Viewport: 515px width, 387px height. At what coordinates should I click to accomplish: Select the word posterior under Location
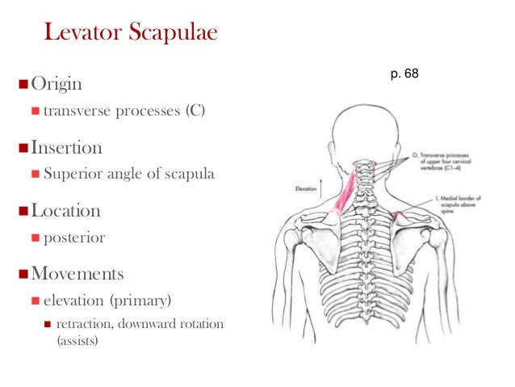point(74,237)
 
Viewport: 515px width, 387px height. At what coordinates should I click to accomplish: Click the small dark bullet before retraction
point(48,325)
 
